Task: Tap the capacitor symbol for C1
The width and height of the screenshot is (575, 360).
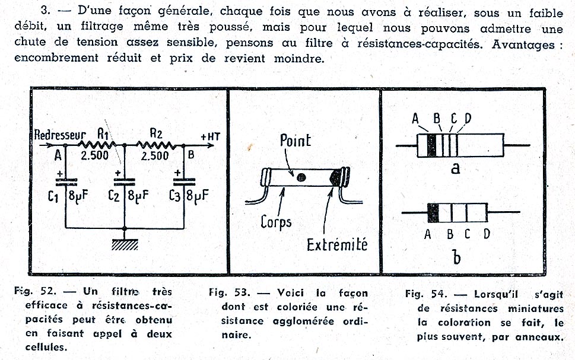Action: click(x=66, y=182)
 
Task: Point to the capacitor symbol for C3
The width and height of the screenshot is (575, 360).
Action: click(x=184, y=182)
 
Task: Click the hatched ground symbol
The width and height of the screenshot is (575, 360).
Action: click(x=125, y=244)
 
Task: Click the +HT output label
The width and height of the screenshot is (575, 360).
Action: click(x=210, y=137)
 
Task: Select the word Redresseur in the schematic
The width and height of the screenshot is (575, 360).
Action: click(x=60, y=135)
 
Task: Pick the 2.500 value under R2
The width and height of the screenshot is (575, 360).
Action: click(x=155, y=156)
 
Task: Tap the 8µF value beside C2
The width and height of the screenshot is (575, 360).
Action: click(x=138, y=195)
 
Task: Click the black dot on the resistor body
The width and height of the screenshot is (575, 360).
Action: click(x=301, y=178)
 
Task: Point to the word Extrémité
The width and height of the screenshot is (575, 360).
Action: click(x=337, y=245)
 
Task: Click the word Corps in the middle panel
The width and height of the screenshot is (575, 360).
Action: click(x=276, y=222)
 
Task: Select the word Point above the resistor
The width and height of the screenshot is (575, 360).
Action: click(x=296, y=141)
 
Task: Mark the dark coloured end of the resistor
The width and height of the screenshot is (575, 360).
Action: click(x=335, y=178)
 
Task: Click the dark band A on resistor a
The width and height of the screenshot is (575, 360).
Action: click(x=431, y=145)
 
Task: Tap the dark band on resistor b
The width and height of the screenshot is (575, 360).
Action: click(x=433, y=213)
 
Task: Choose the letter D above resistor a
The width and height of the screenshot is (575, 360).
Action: click(x=468, y=119)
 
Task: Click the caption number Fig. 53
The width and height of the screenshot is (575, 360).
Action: click(x=230, y=292)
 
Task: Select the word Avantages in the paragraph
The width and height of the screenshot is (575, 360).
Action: click(x=523, y=44)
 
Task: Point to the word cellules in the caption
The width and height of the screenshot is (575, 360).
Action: click(x=46, y=347)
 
